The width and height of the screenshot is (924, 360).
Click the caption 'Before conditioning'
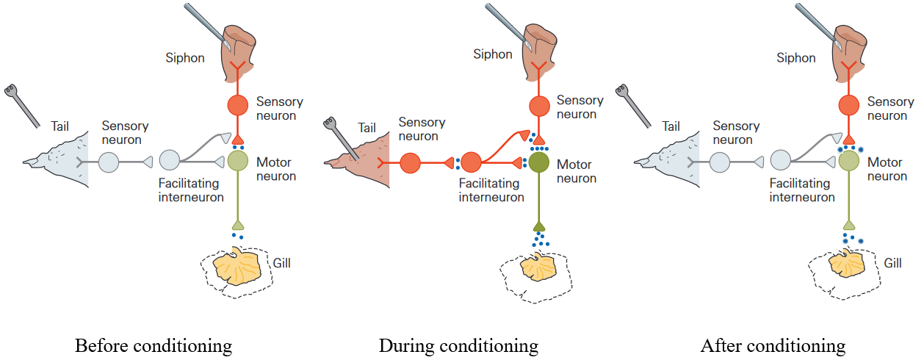point(154,345)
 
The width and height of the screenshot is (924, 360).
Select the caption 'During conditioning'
point(458,345)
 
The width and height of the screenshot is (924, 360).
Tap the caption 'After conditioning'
point(773,345)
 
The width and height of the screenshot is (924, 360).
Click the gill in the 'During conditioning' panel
point(540,268)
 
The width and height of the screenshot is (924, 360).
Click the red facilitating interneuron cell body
point(471,162)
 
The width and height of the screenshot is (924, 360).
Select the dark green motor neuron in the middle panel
point(540,162)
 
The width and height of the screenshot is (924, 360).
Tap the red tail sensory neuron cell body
point(409,162)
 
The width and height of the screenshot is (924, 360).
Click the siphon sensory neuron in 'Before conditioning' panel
point(238,105)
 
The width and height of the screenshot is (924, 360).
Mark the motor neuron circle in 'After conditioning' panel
point(849,160)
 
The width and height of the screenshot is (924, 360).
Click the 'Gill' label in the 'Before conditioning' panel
point(281,262)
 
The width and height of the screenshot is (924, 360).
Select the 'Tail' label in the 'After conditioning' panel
point(671,126)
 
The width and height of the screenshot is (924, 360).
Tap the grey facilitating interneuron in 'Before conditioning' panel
point(170,160)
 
